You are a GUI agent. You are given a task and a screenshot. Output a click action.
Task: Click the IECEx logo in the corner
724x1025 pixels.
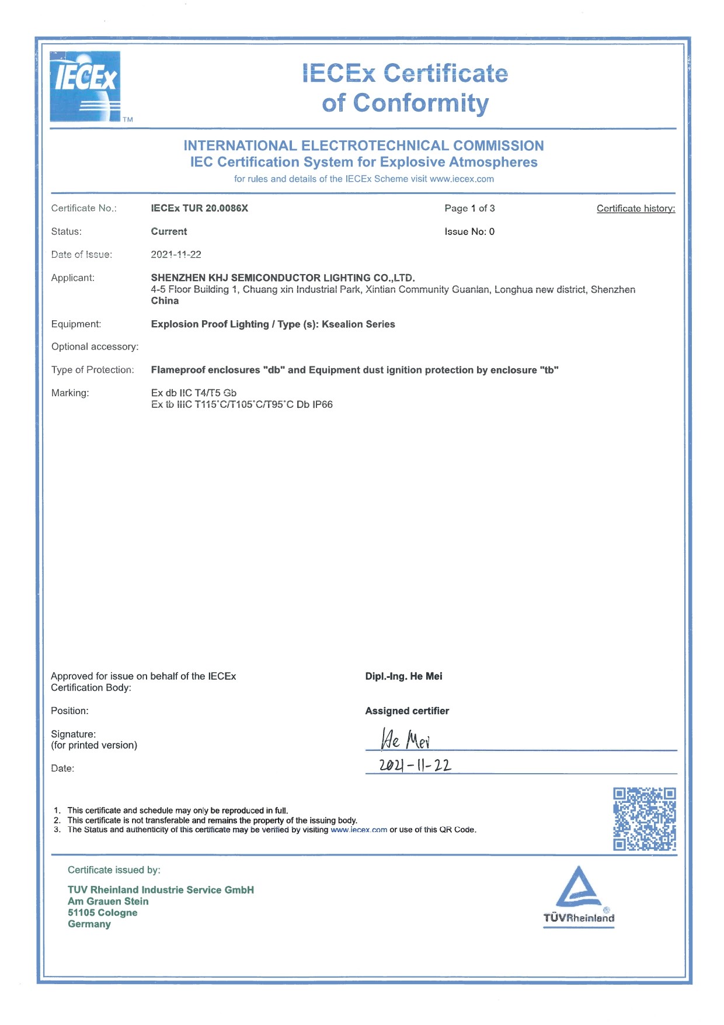click(85, 86)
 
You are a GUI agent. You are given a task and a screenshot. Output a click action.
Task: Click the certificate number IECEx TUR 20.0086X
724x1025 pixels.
click(199, 208)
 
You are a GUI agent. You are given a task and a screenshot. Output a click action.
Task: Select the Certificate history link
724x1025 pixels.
click(635, 209)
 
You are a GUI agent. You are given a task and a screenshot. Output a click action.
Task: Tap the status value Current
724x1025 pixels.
click(169, 231)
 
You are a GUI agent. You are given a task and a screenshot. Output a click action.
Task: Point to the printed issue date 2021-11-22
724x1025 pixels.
click(176, 254)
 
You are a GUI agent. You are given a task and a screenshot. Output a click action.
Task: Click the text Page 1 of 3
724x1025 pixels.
click(469, 208)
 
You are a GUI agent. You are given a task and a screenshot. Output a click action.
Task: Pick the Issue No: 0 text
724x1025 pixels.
click(469, 231)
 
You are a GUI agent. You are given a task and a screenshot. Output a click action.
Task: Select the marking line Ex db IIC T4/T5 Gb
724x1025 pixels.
click(193, 393)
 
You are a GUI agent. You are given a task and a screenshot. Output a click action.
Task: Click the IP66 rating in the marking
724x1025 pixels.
click(322, 404)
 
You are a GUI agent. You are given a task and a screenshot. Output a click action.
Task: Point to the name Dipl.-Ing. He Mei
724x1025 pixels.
click(403, 676)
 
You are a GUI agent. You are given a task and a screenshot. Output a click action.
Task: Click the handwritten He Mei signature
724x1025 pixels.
click(405, 740)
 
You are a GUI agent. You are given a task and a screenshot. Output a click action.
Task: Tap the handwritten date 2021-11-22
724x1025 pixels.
click(415, 764)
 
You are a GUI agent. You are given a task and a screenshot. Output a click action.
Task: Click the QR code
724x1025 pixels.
click(644, 819)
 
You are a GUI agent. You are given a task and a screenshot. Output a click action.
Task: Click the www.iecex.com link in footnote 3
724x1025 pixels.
click(358, 830)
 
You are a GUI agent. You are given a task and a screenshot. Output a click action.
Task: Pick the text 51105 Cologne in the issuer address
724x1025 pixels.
click(103, 913)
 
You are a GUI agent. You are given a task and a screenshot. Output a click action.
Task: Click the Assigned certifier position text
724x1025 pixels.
click(407, 711)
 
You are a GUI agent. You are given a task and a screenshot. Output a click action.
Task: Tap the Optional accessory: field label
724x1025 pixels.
click(95, 347)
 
